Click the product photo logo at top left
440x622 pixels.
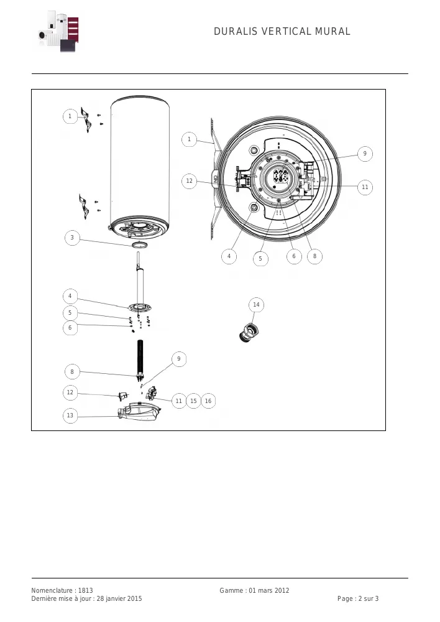coord(58,31)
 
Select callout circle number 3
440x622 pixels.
coord(72,238)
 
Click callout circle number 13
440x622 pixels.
coord(70,415)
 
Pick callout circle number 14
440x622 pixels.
coord(256,305)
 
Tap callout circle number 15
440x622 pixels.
coord(193,401)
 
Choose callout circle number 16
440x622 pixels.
coord(208,401)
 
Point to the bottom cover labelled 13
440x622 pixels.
coord(140,412)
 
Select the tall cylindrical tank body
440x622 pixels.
coord(140,166)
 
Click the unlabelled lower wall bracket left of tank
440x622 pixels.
coord(84,207)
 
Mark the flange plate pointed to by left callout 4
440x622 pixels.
coord(140,307)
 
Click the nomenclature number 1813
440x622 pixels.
coord(85,590)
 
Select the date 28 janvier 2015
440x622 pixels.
coord(119,598)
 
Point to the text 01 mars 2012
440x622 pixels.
coord(269,590)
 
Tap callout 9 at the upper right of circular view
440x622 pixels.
coord(365,154)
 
